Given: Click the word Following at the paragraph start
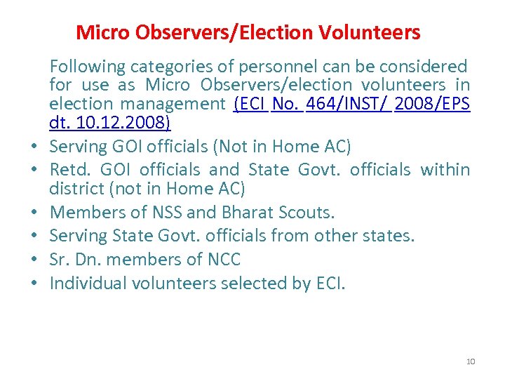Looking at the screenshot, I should click(x=86, y=67).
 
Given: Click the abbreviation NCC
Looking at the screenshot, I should click(x=224, y=259).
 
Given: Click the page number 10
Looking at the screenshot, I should click(x=470, y=361).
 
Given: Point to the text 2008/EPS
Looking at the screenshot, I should click(x=432, y=104).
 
